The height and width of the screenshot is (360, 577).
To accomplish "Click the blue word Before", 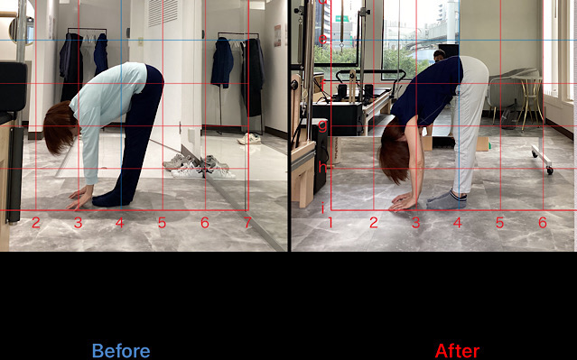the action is [x=121, y=351].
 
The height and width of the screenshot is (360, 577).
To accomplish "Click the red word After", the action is [x=458, y=351].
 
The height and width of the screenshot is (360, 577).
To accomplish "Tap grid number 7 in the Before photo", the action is [x=247, y=223].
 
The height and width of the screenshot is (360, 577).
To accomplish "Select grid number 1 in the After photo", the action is [x=330, y=223].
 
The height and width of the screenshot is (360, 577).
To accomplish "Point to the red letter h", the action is [x=322, y=168].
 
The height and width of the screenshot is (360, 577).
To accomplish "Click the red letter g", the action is [x=322, y=125].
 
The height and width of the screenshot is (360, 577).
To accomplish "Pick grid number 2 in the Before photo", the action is [x=36, y=223].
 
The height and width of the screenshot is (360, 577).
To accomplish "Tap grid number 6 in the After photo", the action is [x=543, y=223].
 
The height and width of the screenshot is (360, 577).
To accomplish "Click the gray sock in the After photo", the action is [x=447, y=200].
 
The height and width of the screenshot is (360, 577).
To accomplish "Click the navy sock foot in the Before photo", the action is [x=111, y=198].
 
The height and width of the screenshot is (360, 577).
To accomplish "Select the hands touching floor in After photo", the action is [x=403, y=201].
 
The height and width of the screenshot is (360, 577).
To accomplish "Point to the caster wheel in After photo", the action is [x=550, y=171].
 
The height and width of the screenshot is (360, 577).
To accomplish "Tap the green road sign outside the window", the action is [x=342, y=18].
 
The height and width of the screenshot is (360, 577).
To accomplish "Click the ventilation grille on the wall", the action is [x=163, y=13].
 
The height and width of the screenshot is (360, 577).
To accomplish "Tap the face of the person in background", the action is [x=438, y=56].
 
